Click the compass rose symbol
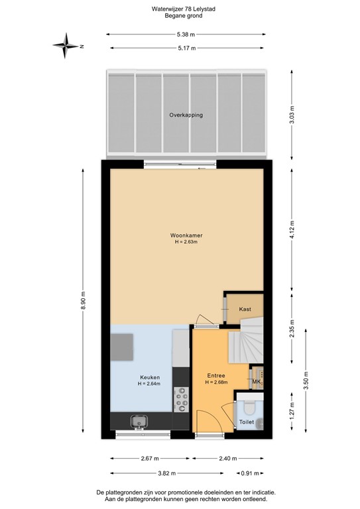pos(66,46)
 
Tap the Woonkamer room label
pos(186,235)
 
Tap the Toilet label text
pos(246,421)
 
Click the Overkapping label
pos(186,115)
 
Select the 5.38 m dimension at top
pos(186,33)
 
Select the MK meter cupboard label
pos(257,382)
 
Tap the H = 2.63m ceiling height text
pos(186,242)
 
